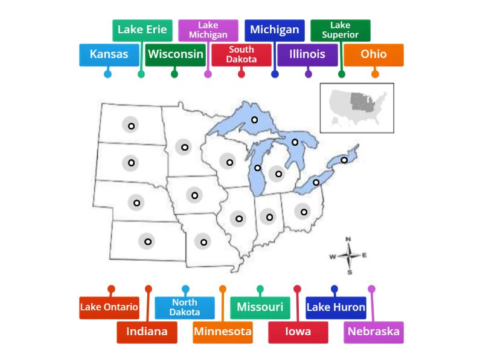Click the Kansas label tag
point(109,54)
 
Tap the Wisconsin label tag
point(176,54)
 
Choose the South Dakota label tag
point(241,54)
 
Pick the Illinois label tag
point(307,54)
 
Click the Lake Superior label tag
point(341,30)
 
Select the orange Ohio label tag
point(374,54)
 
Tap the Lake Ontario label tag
point(109,307)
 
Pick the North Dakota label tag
point(185,307)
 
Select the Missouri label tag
point(260,307)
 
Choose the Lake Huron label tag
point(336,307)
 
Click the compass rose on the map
point(349,255)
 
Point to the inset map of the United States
point(357,108)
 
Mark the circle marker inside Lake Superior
point(255,120)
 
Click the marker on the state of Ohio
point(304,212)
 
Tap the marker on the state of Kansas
point(147,241)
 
